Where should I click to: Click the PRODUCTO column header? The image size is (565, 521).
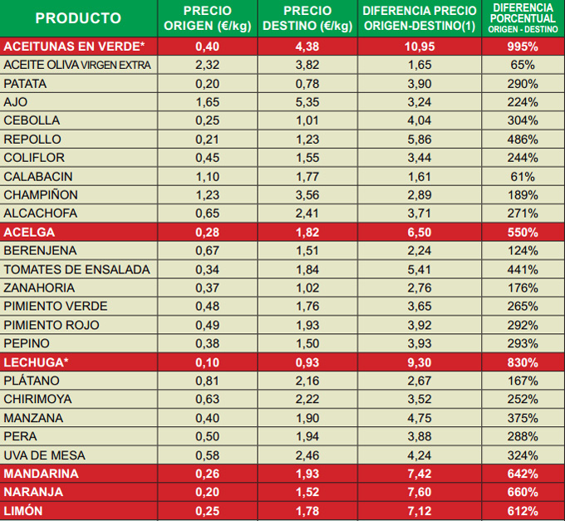pyautogui.click(x=78, y=18)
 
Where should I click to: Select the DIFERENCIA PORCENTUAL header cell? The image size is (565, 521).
pyautogui.click(x=523, y=18)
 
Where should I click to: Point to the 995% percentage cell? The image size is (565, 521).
pyautogui.click(x=523, y=46)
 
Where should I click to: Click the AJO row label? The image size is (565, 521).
pyautogui.click(x=16, y=102)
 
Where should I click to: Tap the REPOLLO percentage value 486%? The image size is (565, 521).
pyautogui.click(x=523, y=140)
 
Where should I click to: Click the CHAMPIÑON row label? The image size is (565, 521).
pyautogui.click(x=41, y=195)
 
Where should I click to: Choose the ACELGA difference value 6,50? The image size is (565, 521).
pyautogui.click(x=420, y=232)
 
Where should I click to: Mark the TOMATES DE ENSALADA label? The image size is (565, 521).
pyautogui.click(x=77, y=269)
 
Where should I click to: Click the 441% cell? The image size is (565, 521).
pyautogui.click(x=523, y=269)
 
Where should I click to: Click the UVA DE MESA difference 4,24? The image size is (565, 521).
pyautogui.click(x=420, y=455)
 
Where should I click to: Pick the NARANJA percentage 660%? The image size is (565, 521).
pyautogui.click(x=523, y=492)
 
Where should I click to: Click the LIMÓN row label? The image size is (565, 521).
pyautogui.click(x=25, y=510)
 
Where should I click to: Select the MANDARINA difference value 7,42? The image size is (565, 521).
pyautogui.click(x=420, y=474)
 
